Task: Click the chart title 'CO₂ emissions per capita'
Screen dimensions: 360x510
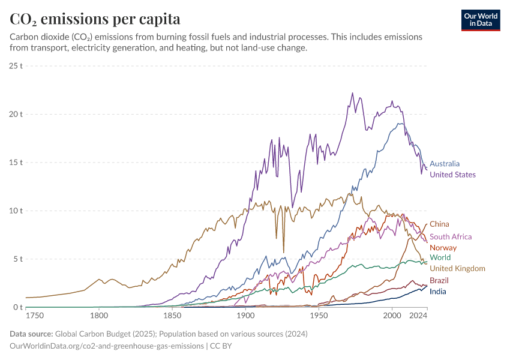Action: pos(95,19)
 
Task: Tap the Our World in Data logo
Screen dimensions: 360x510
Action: pos(481,20)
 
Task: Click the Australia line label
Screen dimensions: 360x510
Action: pos(445,163)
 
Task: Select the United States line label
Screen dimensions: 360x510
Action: pos(452,175)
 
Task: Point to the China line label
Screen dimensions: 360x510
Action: pos(439,224)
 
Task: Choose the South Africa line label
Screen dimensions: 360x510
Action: pos(451,237)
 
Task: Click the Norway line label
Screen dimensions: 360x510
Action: pos(443,248)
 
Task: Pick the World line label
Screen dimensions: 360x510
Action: pos(440,257)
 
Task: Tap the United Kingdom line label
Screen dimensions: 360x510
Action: pos(457,268)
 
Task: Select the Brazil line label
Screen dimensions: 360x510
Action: pos(439,280)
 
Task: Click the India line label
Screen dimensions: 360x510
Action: pos(438,292)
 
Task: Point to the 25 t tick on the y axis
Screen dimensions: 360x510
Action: pos(16,65)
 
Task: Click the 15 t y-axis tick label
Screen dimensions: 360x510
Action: pos(16,163)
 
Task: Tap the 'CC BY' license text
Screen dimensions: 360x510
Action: pos(220,346)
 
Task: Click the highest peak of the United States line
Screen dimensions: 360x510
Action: pos(352,93)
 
